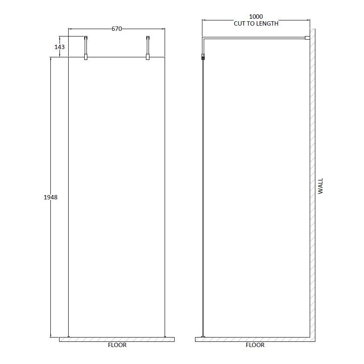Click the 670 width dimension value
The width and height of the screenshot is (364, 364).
(117, 29)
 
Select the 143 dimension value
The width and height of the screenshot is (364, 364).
(60, 47)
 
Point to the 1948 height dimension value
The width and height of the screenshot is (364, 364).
(50, 197)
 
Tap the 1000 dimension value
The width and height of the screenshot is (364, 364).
(256, 17)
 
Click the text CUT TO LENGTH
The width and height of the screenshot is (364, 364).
(256, 23)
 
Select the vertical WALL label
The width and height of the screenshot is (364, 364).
(321, 185)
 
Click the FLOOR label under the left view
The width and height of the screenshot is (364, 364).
(117, 345)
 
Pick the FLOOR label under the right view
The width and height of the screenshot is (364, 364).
(255, 345)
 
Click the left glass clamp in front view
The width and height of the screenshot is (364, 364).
(86, 56)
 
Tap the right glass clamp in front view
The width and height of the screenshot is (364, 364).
(148, 56)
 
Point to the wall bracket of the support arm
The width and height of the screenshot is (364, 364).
(307, 38)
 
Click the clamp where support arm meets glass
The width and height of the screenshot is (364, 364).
(202, 56)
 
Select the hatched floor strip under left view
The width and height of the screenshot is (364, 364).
(116, 339)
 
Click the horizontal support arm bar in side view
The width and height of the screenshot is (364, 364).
(256, 38)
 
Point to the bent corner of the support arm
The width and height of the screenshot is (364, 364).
(203, 40)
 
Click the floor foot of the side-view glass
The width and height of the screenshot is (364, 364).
(203, 336)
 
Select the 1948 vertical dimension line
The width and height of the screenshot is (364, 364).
(51, 261)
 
